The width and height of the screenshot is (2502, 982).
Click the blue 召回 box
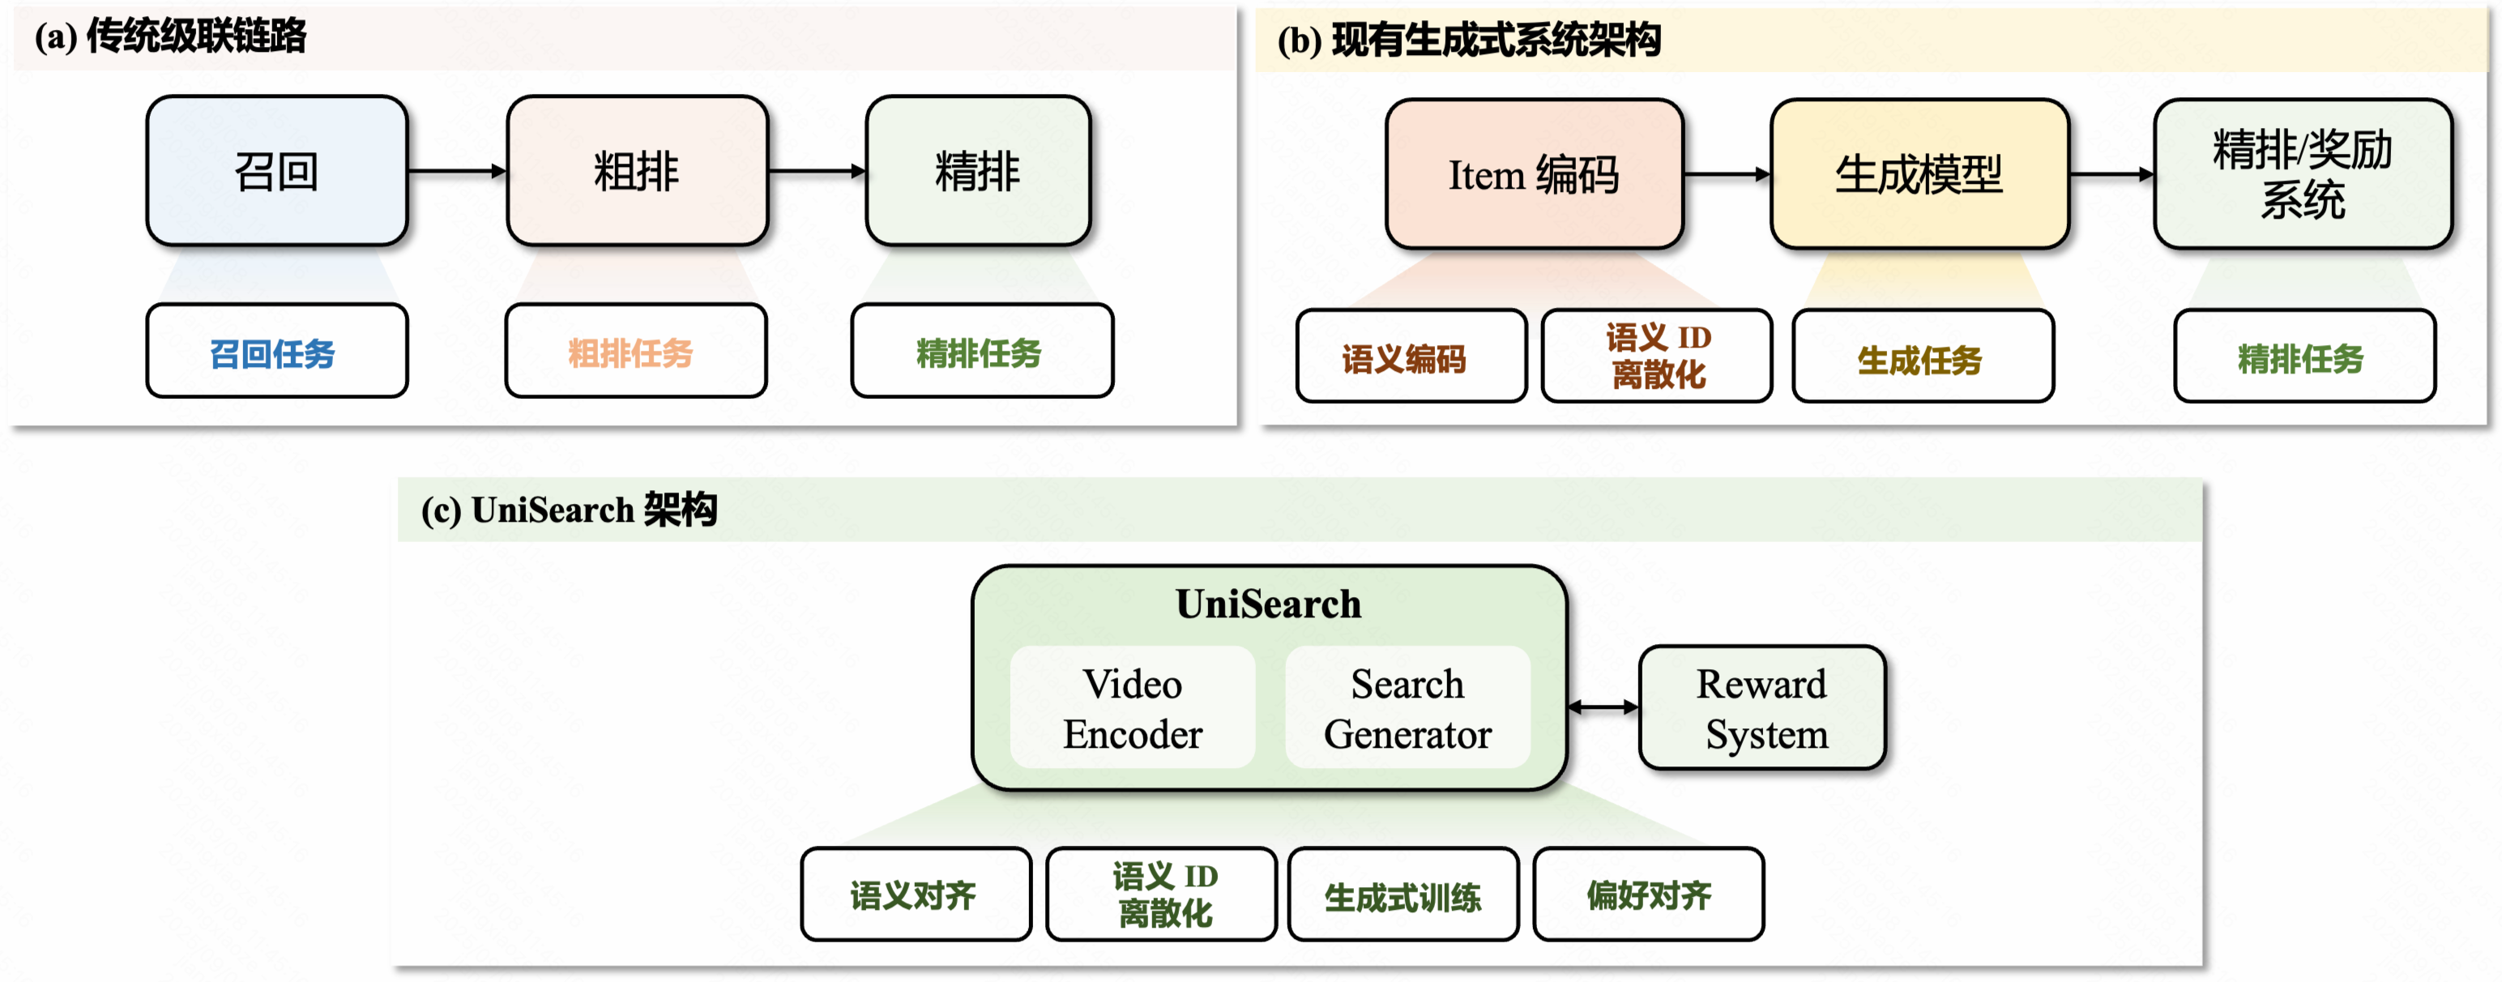tap(277, 171)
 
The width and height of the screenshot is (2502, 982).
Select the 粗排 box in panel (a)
tap(637, 171)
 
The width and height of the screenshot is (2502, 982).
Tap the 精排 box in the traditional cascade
tap(978, 171)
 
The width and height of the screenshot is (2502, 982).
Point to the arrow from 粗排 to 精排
tap(816, 171)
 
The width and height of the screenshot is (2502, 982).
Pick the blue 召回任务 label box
tap(277, 352)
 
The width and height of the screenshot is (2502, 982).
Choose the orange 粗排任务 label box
tap(635, 352)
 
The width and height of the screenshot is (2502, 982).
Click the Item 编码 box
tap(1534, 175)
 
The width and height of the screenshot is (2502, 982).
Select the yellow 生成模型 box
tap(1919, 175)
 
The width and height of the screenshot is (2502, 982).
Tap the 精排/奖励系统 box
tap(2302, 175)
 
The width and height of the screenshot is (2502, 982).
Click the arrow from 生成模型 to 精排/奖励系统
tap(2111, 175)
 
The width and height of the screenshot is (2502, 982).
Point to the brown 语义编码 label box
tap(1411, 357)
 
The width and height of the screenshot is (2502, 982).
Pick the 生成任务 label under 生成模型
tap(1922, 357)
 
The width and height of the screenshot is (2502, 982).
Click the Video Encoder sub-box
tap(1133, 708)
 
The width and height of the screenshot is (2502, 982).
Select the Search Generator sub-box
tap(1407, 708)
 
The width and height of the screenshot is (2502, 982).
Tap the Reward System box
tap(1762, 708)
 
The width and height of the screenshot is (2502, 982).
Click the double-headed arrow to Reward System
tap(1603, 707)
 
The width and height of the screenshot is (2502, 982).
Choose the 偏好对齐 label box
tap(1648, 894)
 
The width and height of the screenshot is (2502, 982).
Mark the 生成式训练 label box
tap(1403, 894)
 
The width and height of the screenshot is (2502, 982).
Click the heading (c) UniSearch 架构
tap(569, 510)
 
